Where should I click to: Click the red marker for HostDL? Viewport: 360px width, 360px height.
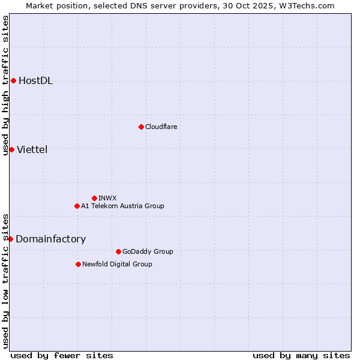coord(13,81)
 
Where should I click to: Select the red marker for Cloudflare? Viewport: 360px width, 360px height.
coord(141,127)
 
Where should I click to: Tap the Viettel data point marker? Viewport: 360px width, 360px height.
coord(11,149)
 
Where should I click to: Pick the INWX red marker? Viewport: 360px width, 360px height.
coord(94,198)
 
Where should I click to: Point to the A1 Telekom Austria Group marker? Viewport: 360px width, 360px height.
coord(77,206)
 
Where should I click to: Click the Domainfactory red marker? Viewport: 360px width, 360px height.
coord(10,239)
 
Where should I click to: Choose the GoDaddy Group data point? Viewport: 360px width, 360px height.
coord(118,251)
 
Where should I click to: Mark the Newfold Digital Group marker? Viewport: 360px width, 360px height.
coord(78,264)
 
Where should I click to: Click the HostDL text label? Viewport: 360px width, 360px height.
coord(35,81)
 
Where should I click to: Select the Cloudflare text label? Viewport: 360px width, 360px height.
coord(161,127)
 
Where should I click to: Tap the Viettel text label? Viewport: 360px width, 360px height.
coord(32,149)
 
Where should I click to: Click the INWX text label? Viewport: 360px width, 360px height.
coord(107,198)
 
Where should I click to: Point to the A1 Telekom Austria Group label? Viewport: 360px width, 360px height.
coord(122,206)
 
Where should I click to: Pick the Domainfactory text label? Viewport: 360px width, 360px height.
coord(50,239)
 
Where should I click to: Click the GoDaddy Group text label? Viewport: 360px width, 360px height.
coord(148,251)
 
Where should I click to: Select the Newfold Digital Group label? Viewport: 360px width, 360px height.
coord(117,264)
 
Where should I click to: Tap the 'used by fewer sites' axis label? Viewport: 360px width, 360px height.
coord(62,355)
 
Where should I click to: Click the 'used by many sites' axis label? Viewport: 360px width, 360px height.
coord(301,355)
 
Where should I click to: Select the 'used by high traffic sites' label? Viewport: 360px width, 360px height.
coord(5,85)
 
